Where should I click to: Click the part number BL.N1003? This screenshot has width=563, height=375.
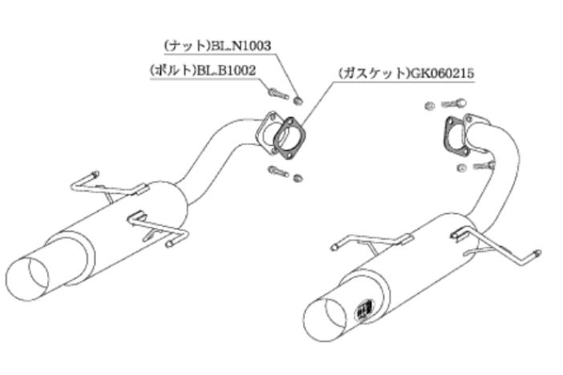click(x=241, y=46)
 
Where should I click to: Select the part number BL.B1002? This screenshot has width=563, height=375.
click(x=226, y=71)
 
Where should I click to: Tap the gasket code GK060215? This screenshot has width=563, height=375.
click(x=442, y=74)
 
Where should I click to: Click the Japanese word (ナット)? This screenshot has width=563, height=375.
click(x=187, y=46)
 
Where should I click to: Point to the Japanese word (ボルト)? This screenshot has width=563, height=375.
click(x=173, y=71)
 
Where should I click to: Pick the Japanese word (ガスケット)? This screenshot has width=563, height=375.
click(x=374, y=74)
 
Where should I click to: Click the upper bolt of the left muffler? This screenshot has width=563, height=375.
click(x=278, y=94)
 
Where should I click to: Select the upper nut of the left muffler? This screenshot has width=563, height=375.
click(x=298, y=101)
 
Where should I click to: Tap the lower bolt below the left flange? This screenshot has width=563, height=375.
click(x=278, y=171)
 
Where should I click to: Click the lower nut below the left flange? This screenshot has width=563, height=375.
click(x=298, y=178)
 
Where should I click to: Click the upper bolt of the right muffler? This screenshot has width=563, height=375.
click(x=454, y=103)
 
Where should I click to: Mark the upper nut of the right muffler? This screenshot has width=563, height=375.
click(x=429, y=106)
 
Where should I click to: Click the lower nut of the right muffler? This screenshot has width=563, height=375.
click(x=463, y=167)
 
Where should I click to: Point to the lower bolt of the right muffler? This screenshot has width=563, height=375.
click(x=484, y=165)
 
